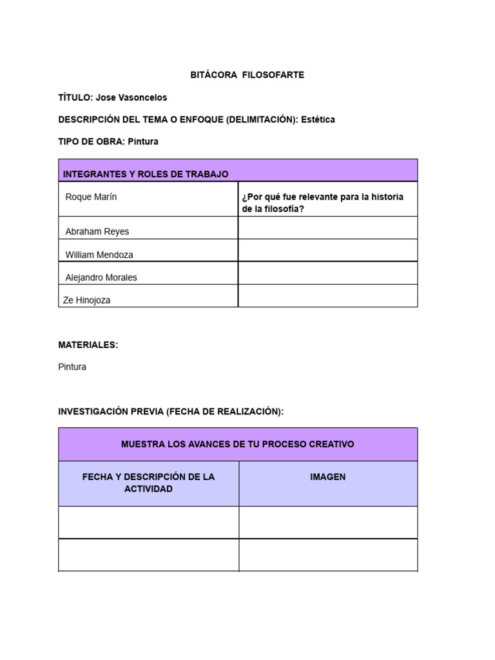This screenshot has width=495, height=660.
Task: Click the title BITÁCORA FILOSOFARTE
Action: [x=247, y=75]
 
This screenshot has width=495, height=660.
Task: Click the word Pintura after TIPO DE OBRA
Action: [x=143, y=141]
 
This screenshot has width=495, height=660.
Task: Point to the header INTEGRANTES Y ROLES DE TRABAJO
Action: [x=146, y=174]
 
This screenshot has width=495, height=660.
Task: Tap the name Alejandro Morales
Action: [x=101, y=278]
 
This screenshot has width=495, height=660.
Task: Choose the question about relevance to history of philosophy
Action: [x=322, y=202]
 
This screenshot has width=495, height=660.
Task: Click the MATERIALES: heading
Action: [x=88, y=345]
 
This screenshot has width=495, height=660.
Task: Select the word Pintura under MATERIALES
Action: [x=72, y=367]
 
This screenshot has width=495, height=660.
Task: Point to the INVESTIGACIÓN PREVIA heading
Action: [x=171, y=411]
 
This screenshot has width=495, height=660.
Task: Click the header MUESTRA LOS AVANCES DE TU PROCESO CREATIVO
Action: [x=238, y=444]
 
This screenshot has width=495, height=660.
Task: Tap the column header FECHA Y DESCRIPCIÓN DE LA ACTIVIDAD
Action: [x=148, y=483]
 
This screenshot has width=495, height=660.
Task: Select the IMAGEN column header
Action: [x=328, y=477]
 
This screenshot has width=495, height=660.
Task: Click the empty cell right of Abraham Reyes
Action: [x=328, y=228]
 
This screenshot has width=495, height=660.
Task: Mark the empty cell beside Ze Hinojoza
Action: [x=328, y=296]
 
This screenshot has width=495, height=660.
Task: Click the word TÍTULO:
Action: [x=75, y=97]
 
